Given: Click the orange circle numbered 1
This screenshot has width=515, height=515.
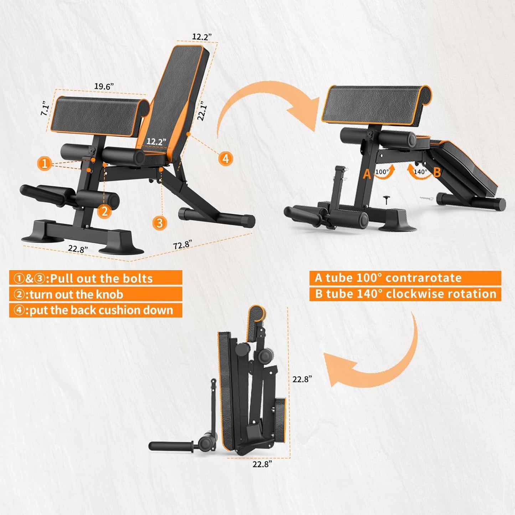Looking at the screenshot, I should pos(45,164).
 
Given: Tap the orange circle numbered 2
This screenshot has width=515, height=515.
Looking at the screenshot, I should pos(104,211).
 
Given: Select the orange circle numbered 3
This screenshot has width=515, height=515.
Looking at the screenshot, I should pos(160,223).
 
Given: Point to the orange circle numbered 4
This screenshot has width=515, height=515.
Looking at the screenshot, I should pos(226,158).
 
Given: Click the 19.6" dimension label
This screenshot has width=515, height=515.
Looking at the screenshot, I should pos(104,86).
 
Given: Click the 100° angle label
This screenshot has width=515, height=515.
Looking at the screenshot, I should pos(382,172).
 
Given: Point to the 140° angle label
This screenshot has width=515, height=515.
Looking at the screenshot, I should pos(420,172).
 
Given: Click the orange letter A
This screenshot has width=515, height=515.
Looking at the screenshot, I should pos(367,174).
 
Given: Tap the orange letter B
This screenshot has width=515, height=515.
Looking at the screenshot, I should pos(437,172).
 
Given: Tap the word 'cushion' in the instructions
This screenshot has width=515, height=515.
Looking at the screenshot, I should pos(105,310).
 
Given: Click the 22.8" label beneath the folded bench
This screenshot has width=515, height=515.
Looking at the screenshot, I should pos(262,464).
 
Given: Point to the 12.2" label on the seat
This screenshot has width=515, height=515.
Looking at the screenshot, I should pos(156,141).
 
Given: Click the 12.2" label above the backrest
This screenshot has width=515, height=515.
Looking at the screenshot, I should pos(202,36).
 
